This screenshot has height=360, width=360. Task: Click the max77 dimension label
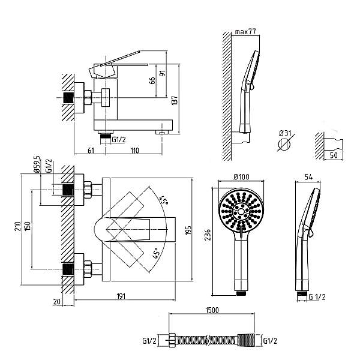click(245, 32)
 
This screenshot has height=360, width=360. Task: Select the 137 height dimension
click(175, 100)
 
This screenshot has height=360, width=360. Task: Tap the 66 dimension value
click(152, 80)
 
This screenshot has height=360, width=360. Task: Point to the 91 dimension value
click(163, 73)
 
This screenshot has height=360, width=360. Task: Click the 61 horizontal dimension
click(91, 151)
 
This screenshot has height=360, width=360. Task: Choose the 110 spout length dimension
click(135, 151)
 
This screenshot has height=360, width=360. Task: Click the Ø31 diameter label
click(285, 133)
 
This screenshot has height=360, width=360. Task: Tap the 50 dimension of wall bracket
click(334, 155)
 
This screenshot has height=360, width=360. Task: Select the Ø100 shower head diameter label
click(241, 176)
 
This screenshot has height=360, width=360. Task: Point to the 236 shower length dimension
click(208, 235)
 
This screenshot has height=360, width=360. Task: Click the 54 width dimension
click(308, 177)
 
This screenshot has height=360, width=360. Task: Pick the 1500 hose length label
click(212, 310)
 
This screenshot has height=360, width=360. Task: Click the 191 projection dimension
click(121, 296)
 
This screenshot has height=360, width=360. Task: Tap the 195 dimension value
click(188, 230)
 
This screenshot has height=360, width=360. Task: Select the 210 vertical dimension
click(18, 226)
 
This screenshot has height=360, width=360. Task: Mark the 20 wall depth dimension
click(56, 301)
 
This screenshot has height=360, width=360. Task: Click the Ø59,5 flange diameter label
click(37, 164)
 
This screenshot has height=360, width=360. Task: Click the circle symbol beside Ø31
click(284, 144)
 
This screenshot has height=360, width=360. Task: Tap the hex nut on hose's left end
click(172, 340)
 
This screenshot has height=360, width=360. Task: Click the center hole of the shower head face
click(241, 211)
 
